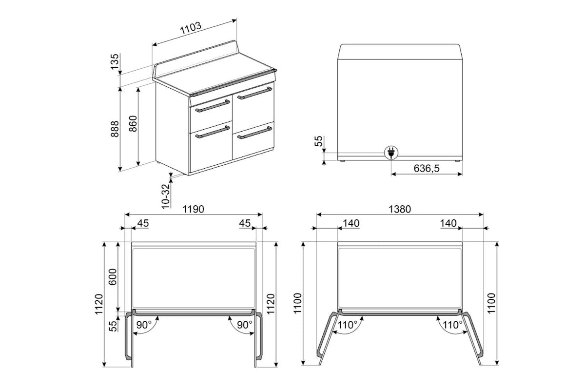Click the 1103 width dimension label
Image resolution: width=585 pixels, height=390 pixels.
pyautogui.click(x=191, y=28)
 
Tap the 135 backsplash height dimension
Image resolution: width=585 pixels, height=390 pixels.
pyautogui.click(x=115, y=61)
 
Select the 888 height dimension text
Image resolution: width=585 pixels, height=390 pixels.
pyautogui.click(x=115, y=129)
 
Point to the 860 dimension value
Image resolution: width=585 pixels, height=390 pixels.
pyautogui.click(x=133, y=123)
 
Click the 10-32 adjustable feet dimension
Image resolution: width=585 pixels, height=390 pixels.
pyautogui.click(x=166, y=196)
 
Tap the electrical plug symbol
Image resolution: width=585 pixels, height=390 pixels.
pyautogui.click(x=391, y=153)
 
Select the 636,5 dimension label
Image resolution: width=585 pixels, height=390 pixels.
pyautogui.click(x=427, y=169)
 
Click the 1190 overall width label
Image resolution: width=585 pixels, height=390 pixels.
pyautogui.click(x=193, y=209)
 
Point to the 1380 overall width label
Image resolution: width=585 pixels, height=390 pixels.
pyautogui.click(x=400, y=209)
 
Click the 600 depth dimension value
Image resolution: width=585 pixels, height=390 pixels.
pyautogui.click(x=113, y=277)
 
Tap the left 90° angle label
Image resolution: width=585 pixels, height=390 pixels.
pyautogui.click(x=144, y=325)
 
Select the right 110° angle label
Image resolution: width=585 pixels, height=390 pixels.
pyautogui.click(x=452, y=325)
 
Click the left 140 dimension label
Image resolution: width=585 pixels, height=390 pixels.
pyautogui.click(x=351, y=223)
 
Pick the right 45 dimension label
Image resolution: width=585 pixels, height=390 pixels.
pyautogui.click(x=245, y=223)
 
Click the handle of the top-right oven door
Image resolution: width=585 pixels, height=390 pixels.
pyautogui.click(x=254, y=93)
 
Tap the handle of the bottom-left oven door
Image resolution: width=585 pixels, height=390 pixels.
pyautogui.click(x=213, y=132)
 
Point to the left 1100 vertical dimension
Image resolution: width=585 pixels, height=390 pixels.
pyautogui.click(x=297, y=303)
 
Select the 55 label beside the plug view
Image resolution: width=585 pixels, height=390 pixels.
pyautogui.click(x=318, y=141)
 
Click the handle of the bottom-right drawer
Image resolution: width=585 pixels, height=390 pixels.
pyautogui.click(x=254, y=133)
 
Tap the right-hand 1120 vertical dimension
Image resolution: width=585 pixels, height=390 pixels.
pyautogui.click(x=271, y=304)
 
